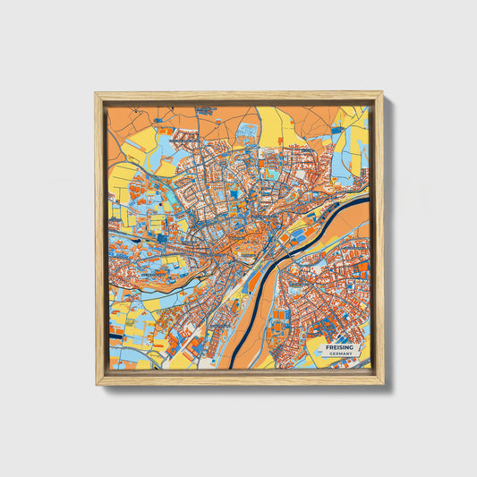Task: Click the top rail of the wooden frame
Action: (239, 95)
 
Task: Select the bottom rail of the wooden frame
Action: (239, 379)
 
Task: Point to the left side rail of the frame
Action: (99, 238)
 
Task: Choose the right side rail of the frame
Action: (379, 238)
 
